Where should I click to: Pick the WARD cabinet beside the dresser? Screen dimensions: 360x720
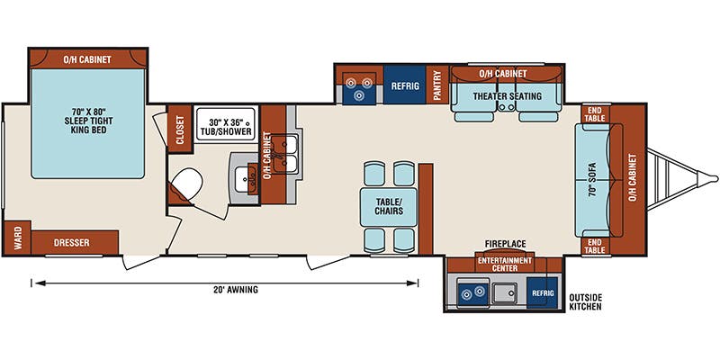coord(17,240)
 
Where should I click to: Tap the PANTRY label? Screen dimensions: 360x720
coord(438,86)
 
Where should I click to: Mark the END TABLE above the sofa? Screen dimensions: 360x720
coord(595,114)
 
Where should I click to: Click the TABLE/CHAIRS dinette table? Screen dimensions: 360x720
coord(389,206)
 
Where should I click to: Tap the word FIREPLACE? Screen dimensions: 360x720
coord(505,244)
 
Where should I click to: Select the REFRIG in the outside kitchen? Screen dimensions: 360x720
coord(542,292)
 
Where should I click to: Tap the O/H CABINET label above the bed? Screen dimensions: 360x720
coord(87,59)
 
